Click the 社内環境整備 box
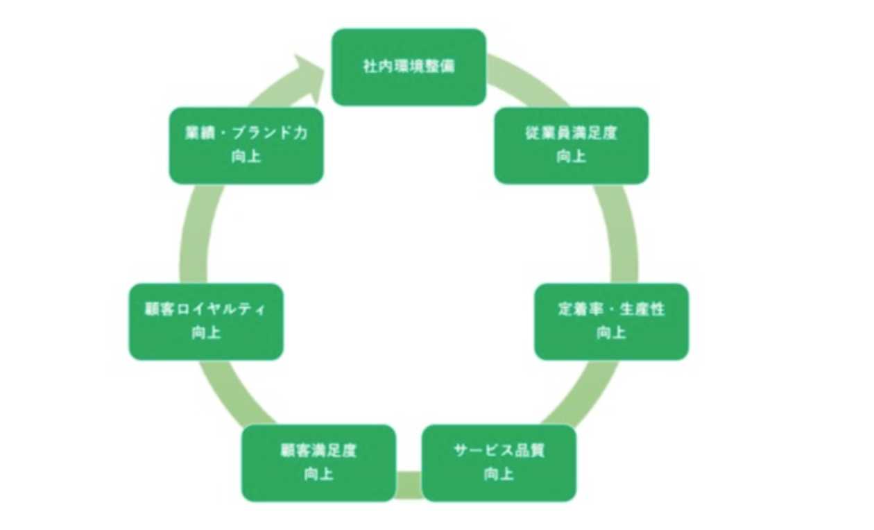point(409,67)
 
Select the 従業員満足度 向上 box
point(571,146)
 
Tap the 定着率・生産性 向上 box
point(611,321)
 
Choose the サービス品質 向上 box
point(499,463)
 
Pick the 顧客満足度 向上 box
point(318,463)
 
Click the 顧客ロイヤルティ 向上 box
point(206,321)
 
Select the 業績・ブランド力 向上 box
point(246,146)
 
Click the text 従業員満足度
point(571,134)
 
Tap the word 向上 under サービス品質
point(499,475)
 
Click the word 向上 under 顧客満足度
point(318,475)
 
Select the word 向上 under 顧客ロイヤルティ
point(206,333)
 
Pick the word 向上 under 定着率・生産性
point(611,333)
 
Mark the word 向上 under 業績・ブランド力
point(246,157)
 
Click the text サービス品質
point(499,451)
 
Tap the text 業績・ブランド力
point(246,134)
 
